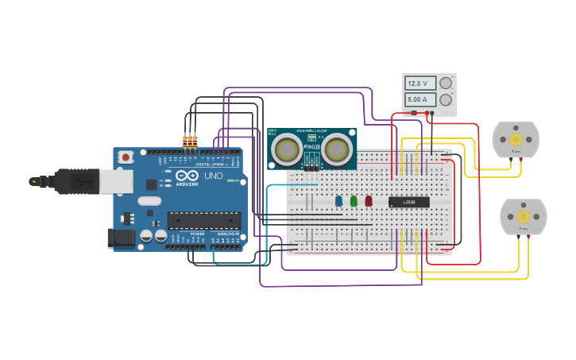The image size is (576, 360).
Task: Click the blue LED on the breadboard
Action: (338, 201)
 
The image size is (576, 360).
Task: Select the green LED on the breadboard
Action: (354, 201)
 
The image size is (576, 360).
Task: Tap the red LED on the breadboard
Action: (369, 201)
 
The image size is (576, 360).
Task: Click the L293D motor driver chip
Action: (409, 202)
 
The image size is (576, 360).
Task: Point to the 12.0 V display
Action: (418, 83)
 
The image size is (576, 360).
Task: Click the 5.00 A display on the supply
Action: (418, 99)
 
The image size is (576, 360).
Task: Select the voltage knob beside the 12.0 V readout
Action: (446, 83)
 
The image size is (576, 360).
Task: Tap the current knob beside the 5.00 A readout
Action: (446, 99)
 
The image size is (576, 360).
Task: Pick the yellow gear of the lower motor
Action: (524, 217)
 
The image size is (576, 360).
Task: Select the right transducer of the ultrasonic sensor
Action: (337, 149)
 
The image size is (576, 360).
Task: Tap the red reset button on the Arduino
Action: (126, 157)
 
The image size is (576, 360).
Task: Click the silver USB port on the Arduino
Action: (116, 181)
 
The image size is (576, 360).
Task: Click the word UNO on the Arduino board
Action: (214, 176)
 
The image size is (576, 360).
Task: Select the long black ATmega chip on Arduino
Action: (203, 219)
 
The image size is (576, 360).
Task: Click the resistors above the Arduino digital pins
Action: (190, 141)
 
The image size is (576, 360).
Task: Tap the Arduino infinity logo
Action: (187, 176)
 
